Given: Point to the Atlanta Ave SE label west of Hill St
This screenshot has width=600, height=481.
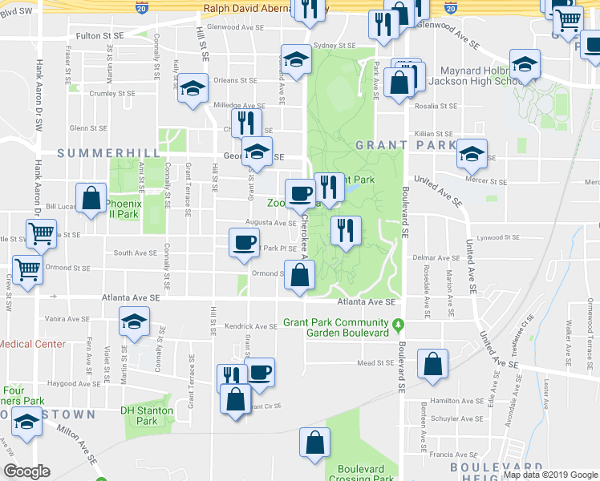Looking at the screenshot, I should coord(131,297).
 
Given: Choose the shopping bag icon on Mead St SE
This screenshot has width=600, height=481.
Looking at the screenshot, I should coord(432,365).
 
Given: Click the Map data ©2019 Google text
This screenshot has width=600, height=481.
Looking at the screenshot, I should coord(549,475).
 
